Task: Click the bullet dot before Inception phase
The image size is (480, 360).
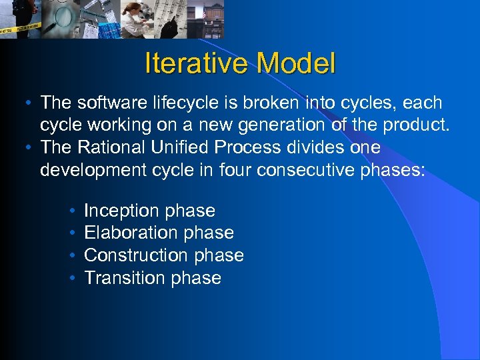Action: (x=71, y=211)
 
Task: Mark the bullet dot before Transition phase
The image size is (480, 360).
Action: (x=71, y=278)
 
